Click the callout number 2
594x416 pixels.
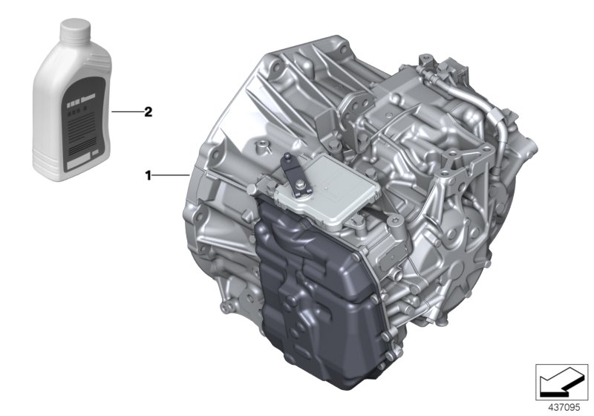(x=148, y=112)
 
